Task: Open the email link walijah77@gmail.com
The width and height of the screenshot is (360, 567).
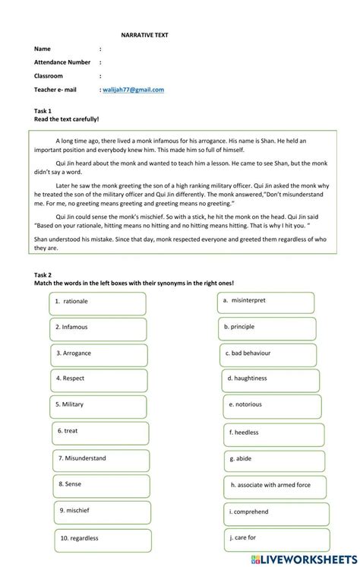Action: pyautogui.click(x=134, y=90)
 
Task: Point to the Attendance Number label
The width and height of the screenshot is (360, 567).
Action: pyautogui.click(x=62, y=62)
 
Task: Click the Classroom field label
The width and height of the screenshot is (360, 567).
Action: pyautogui.click(x=49, y=76)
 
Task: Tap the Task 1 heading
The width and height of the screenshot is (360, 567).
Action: pyautogui.click(x=43, y=111)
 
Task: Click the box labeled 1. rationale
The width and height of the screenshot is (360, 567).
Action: pyautogui.click(x=97, y=302)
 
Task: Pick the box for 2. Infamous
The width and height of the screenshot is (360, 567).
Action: pyautogui.click(x=98, y=328)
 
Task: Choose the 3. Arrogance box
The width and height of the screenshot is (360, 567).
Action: pyautogui.click(x=98, y=353)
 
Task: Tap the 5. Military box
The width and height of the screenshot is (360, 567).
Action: pyautogui.click(x=98, y=405)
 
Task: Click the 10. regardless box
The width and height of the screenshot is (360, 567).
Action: pyautogui.click(x=103, y=539)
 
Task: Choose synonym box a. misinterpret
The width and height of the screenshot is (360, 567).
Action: pyautogui.click(x=266, y=301)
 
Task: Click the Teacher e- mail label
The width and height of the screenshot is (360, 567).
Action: pyautogui.click(x=55, y=90)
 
